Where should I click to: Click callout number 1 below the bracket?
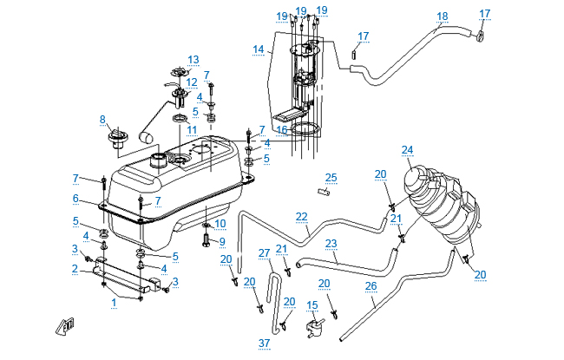(x=114, y=303)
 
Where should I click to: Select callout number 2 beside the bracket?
(x=75, y=268)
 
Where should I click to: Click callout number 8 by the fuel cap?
(x=102, y=119)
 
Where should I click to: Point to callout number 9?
(x=221, y=241)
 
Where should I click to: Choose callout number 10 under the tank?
(x=220, y=223)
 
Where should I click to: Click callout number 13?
(x=193, y=60)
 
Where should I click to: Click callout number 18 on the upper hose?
(x=443, y=16)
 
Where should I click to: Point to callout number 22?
(x=301, y=216)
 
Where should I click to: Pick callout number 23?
(x=331, y=244)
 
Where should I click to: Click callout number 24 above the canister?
(x=407, y=150)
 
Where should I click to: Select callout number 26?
(x=371, y=285)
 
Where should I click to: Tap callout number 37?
(x=264, y=343)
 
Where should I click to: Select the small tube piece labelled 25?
(x=325, y=193)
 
